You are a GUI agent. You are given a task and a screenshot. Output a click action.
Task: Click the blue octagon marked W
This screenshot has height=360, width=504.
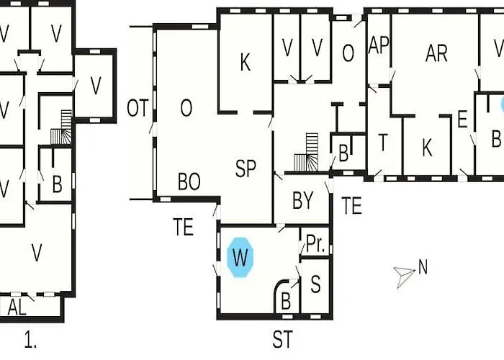click(240, 257)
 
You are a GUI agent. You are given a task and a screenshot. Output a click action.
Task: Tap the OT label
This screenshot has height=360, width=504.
click(138, 108)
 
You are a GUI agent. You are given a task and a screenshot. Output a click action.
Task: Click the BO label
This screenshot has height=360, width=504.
click(189, 181)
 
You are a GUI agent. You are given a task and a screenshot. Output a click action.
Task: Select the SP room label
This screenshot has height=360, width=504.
click(246, 168)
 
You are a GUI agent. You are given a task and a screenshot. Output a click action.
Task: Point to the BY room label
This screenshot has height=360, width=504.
click(303, 201)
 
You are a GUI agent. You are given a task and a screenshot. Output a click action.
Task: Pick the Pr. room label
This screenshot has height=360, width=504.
click(315, 243)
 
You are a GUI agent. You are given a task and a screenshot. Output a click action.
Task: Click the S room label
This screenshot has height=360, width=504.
click(315, 284)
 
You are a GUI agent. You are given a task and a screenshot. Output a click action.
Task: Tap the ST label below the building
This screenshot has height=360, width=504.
click(282, 339)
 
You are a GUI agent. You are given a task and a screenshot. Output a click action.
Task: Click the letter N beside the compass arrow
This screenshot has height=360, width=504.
click(423, 267)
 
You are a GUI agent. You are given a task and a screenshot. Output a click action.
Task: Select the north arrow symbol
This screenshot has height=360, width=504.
click(404, 276)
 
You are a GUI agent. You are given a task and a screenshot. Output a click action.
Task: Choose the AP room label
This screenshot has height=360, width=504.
click(379, 45)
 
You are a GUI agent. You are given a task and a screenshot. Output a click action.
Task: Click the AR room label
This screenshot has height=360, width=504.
click(436, 53)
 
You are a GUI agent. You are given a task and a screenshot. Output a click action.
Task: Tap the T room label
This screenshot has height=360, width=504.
click(382, 143)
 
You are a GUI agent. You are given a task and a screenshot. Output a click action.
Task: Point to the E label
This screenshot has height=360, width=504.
click(462, 120)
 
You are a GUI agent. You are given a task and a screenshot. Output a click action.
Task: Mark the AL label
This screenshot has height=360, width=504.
click(17, 307)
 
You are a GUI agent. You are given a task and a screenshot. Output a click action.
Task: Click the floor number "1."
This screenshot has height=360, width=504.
click(30, 341)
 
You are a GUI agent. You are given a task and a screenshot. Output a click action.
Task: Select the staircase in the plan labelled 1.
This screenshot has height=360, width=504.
click(61, 127)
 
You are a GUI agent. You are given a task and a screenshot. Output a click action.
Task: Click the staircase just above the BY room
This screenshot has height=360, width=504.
click(306, 153)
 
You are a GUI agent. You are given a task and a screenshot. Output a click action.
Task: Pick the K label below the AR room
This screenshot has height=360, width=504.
click(426, 148)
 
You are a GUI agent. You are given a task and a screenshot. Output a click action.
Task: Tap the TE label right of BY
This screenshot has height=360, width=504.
click(351, 206)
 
